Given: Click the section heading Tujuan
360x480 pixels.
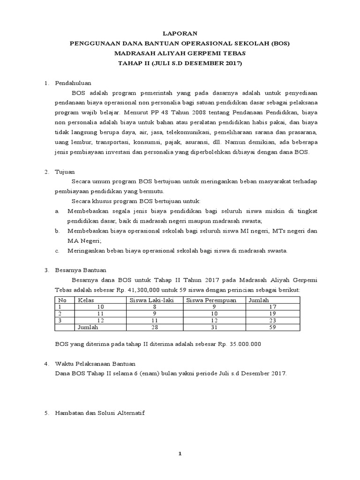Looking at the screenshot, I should click(x=66, y=172).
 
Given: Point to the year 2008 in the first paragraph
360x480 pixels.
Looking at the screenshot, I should click(x=187, y=113).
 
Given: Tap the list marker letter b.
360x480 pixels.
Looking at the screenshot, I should click(x=57, y=231).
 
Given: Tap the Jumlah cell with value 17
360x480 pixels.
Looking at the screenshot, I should click(x=303, y=307).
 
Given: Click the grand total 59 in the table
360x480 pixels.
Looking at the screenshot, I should click(x=303, y=328).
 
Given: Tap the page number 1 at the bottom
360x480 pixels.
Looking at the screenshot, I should click(x=180, y=454).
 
